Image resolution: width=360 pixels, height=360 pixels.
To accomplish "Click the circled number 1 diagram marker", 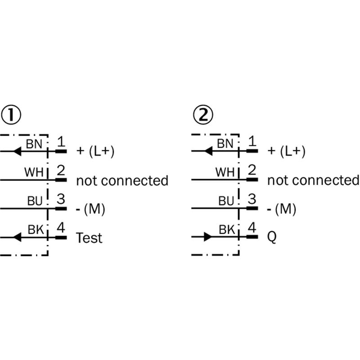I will tap(11, 116).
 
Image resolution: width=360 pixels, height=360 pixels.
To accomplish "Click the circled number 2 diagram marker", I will tap(202, 116).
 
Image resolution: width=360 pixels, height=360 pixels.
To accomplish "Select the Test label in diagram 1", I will tap(89, 238).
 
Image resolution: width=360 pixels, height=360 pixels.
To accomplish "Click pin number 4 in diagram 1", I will tap(61, 228).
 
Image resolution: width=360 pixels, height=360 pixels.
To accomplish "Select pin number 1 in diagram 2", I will tap(252, 142).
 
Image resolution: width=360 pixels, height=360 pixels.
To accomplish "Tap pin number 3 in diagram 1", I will tap(61, 199).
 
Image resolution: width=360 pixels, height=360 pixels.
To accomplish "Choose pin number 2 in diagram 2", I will tap(252, 171).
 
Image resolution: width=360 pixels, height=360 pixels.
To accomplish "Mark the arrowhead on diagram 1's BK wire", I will tap(17, 236).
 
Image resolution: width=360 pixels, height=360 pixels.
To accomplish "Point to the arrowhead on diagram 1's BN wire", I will tap(17, 151).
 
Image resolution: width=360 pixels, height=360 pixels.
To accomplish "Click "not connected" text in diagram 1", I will tap(122, 181).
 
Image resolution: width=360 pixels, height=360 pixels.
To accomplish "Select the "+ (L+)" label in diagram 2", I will tap(287, 152).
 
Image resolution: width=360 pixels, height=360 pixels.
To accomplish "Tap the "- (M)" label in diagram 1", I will tap(90, 209).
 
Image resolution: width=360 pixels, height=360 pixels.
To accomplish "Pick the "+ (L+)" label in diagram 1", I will tap(95, 152).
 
